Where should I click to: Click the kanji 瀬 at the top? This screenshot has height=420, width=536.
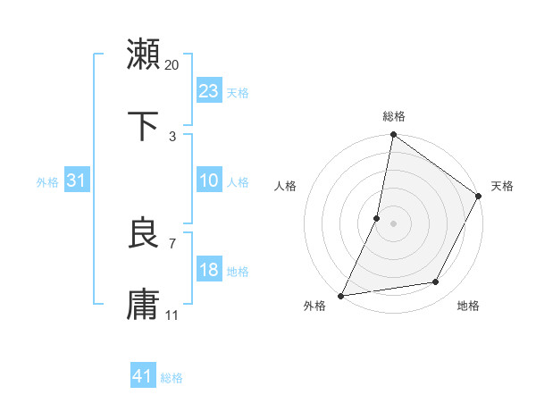tap(143, 54)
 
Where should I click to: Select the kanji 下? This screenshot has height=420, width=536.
tap(143, 126)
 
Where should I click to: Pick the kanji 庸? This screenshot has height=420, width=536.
tap(143, 305)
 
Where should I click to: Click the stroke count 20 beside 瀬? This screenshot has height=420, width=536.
tap(172, 64)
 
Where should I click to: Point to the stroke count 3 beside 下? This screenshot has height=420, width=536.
tap(172, 137)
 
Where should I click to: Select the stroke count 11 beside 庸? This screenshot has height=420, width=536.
tap(172, 315)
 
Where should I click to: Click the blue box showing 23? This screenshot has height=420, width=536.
tap(209, 90)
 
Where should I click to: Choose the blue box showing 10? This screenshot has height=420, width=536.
tap(209, 181)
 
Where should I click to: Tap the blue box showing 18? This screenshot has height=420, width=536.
tap(209, 270)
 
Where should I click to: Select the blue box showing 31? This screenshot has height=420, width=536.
tap(77, 181)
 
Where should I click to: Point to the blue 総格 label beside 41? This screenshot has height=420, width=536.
tap(172, 378)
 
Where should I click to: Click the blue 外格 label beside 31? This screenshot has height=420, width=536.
tap(47, 182)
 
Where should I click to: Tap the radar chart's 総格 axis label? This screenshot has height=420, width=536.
tap(394, 116)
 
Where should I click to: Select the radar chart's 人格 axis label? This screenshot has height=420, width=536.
tap(286, 187)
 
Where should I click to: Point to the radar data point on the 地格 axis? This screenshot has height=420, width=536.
tap(436, 282)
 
